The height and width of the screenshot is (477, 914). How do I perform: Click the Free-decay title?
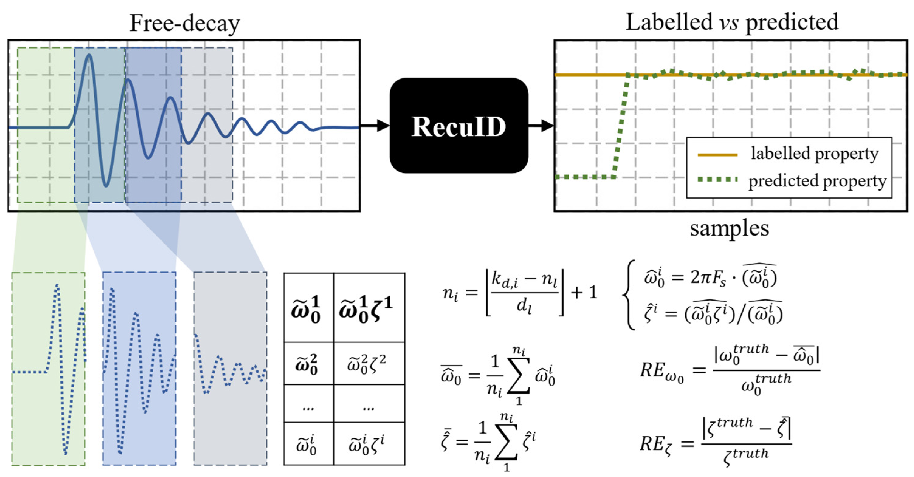point(184,23)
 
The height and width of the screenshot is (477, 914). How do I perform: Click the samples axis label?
point(729,229)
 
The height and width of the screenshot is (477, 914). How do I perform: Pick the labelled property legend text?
point(815,154)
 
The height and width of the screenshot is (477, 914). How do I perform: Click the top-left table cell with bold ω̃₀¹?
point(308,308)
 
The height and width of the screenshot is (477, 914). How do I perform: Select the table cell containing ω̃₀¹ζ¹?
point(369,308)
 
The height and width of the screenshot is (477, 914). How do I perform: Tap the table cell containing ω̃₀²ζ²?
point(369,363)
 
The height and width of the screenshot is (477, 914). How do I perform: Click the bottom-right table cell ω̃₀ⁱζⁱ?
point(369,444)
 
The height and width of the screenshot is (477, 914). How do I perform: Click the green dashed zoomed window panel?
point(48,369)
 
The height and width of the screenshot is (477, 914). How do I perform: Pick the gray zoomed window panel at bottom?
point(230,369)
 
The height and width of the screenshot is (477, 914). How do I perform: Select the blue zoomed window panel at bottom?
point(139,369)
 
